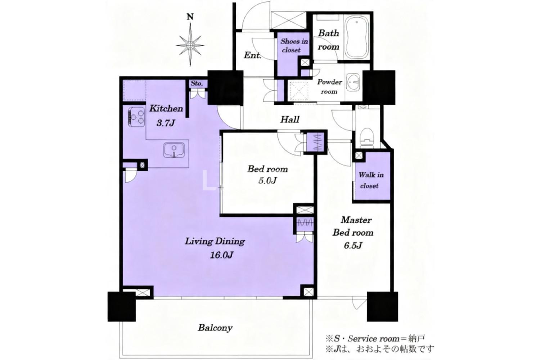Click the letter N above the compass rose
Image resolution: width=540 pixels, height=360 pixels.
coord(190,17)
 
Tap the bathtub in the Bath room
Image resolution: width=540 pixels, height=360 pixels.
coord(356,38)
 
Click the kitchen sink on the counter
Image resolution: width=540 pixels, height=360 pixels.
coord(174,150)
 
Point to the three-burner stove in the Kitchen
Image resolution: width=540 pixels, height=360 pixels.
coord(136,117)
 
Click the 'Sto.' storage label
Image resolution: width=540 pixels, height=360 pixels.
coord(197,84)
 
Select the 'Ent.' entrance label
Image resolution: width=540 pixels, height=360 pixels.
coord(252,55)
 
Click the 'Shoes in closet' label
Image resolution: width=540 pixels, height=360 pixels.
coord(294,46)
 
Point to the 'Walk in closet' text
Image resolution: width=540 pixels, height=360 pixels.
coord(371,180)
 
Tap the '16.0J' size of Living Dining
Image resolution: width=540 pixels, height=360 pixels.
coord(221,255)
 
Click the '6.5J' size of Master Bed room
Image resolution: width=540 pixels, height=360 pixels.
coord(353,246)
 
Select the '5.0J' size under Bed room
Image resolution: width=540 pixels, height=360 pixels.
coord(267,180)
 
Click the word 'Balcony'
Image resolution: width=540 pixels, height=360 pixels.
coord(215,328)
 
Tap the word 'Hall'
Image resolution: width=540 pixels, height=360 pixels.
coord(289,120)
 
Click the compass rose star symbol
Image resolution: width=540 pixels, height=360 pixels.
coord(190,45)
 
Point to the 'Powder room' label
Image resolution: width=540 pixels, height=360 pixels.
coord(329,86)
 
